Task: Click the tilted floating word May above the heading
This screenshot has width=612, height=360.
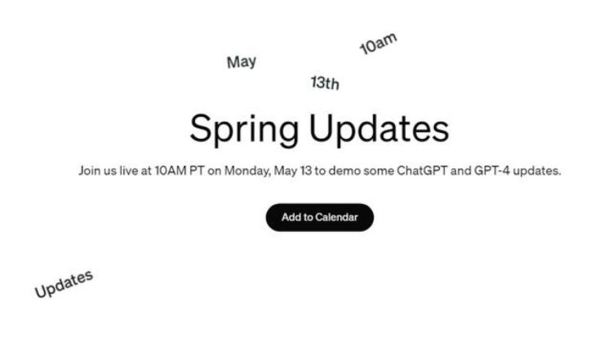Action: (x=242, y=62)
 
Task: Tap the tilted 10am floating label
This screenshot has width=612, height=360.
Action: (x=378, y=43)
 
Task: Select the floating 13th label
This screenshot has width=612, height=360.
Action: (x=325, y=82)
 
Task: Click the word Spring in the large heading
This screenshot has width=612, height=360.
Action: (x=244, y=130)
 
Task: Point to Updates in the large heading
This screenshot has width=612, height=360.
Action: (x=379, y=129)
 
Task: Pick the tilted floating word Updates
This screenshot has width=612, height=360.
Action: (x=64, y=284)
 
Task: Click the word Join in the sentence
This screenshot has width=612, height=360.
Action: (x=88, y=171)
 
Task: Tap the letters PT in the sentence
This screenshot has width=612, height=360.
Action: (x=197, y=171)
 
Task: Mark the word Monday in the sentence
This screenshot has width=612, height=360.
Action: (x=247, y=171)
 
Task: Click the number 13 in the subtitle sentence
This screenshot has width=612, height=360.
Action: (x=306, y=171)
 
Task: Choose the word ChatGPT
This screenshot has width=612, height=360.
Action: (x=422, y=171)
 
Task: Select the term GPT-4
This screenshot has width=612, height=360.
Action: (x=492, y=171)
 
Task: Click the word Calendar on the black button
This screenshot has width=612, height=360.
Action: (x=336, y=217)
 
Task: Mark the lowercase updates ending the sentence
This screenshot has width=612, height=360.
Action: (x=537, y=171)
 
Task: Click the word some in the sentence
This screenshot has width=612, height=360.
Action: (x=379, y=171)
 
